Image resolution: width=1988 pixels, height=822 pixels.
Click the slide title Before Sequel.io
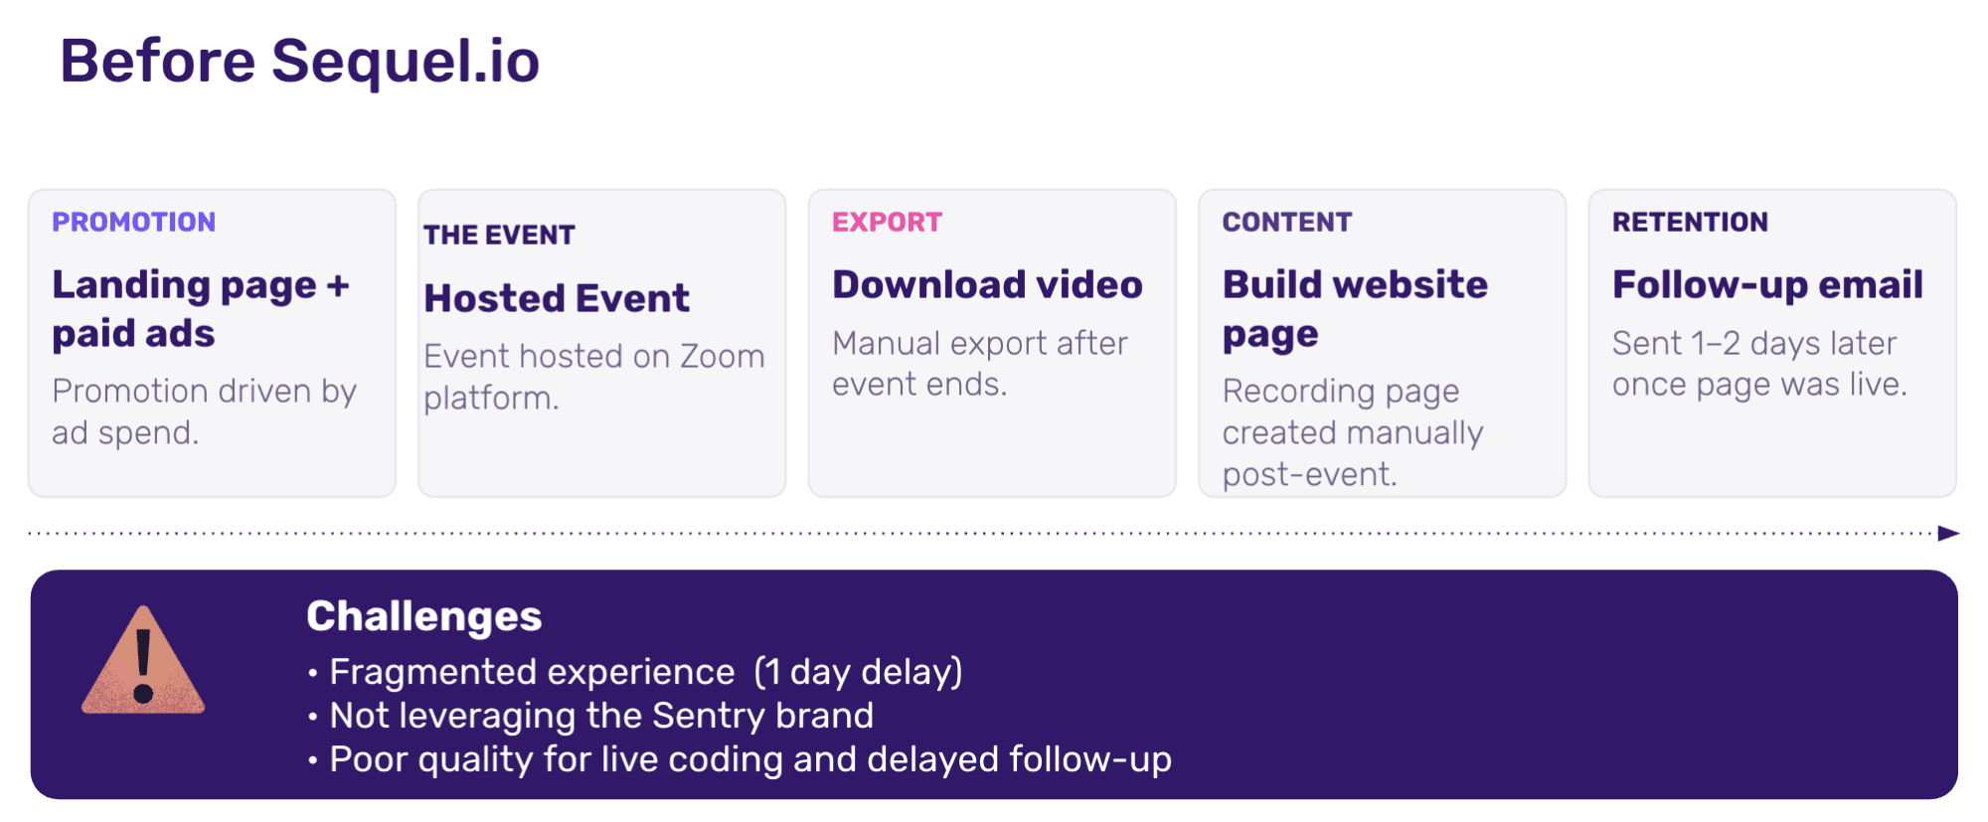pos(299,62)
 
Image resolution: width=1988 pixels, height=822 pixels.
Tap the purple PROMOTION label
pos(134,222)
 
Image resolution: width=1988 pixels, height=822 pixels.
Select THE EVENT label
pos(499,236)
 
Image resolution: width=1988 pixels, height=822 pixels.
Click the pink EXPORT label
pos(887,222)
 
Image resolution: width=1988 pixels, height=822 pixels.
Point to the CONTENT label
pos(1287,222)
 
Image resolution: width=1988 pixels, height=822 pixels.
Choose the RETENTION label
pos(1690,222)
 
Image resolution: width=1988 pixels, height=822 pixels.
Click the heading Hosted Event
pos(557,298)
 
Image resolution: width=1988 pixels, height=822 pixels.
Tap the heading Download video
pos(987,285)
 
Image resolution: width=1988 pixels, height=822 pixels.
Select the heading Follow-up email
pos(1767,286)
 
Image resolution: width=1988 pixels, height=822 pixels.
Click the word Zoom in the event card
pos(722,356)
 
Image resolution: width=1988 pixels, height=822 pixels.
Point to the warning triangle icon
pos(144,661)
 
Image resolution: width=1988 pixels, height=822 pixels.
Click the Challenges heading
pos(424,617)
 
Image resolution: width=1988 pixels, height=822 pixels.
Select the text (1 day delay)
pos(859,672)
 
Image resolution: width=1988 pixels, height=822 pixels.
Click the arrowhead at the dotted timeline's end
pos(1949,534)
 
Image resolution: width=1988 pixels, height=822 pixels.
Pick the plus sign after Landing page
pos(338,286)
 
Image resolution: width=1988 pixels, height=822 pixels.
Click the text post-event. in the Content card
pos(1310,475)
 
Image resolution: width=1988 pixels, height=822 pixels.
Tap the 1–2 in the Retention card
pos(1716,344)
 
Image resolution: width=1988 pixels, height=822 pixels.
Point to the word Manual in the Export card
pos(887,344)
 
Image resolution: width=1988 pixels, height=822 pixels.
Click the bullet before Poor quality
pos(313,761)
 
